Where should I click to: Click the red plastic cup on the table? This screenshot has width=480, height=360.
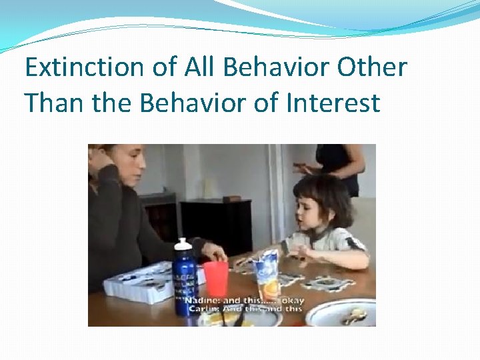[215, 279]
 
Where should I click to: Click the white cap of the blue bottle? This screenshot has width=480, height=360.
[183, 244]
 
